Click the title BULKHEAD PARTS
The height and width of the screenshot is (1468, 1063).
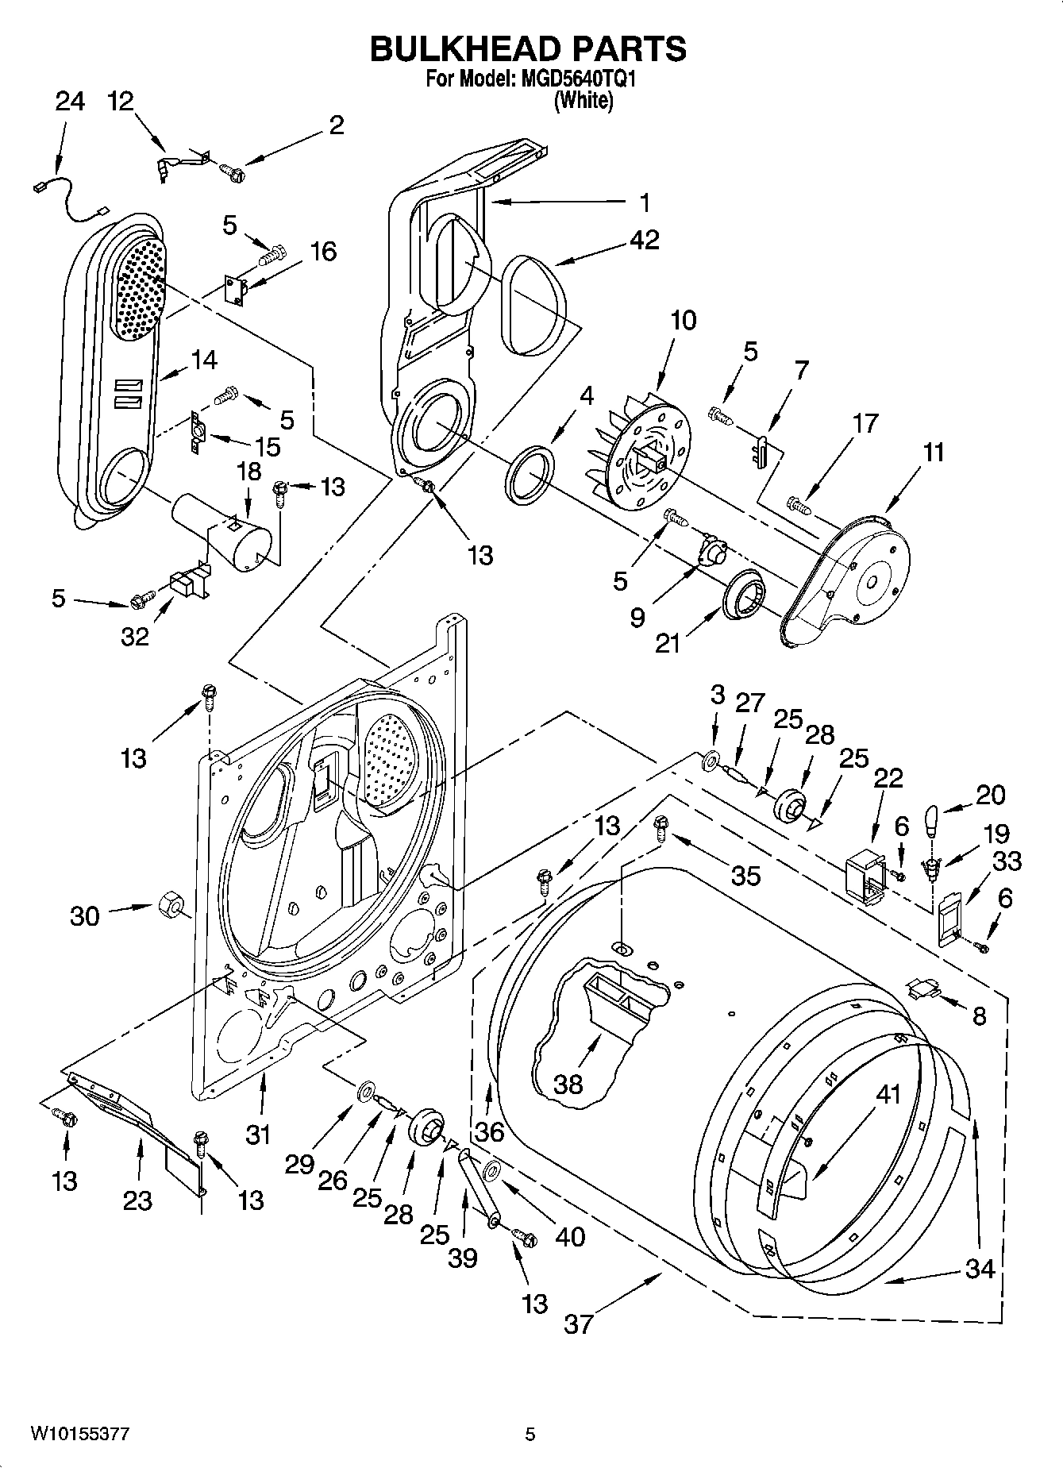528,49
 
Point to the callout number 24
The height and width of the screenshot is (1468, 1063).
69,102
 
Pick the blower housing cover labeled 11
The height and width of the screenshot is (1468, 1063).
857,580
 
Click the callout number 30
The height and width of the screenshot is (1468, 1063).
85,915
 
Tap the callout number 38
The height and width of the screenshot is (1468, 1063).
568,1084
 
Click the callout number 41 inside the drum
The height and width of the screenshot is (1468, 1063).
888,1094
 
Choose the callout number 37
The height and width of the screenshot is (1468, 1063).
578,1324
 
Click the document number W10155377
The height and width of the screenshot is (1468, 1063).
79,1433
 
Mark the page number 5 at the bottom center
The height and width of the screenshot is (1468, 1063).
530,1434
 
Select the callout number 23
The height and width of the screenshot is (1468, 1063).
137,1200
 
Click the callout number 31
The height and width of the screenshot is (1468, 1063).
257,1135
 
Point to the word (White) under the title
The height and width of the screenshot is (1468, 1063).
583,101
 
